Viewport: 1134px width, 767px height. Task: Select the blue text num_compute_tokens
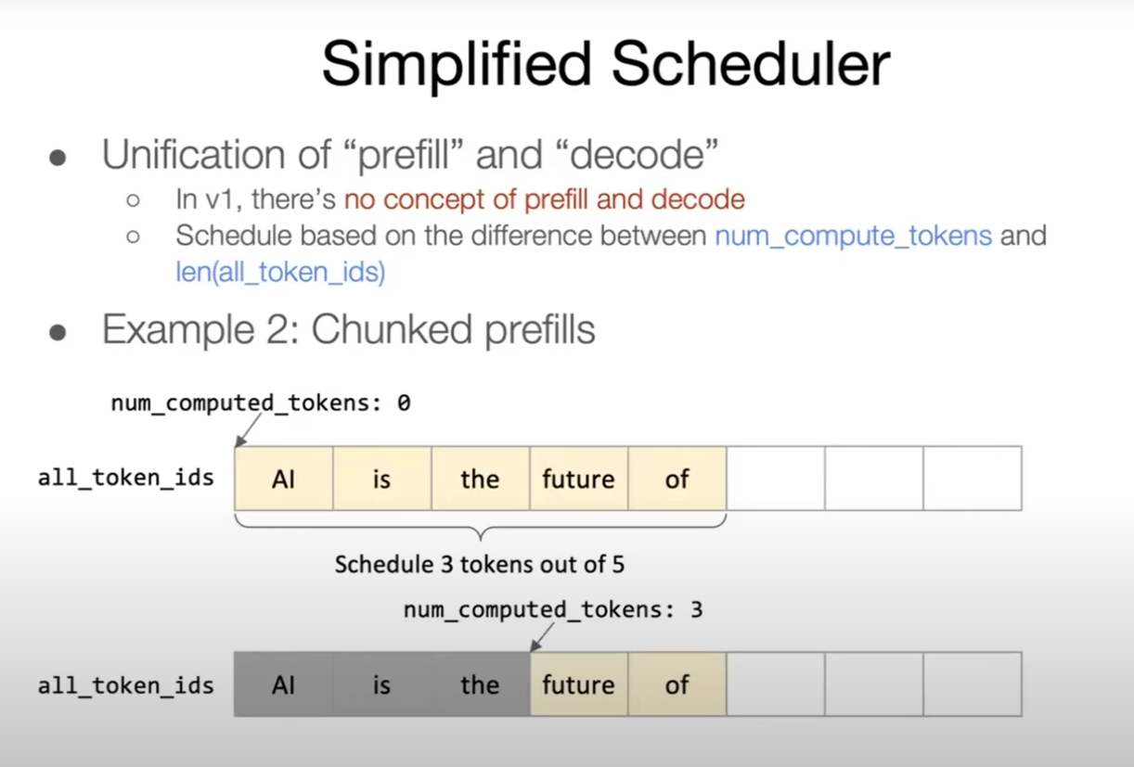(853, 236)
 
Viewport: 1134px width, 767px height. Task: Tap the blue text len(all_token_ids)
(280, 273)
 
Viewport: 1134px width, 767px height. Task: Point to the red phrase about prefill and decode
(545, 198)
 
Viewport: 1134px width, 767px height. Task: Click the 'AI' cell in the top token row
(284, 479)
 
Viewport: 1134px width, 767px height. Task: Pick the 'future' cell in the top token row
(579, 479)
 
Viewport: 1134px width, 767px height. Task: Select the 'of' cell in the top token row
(677, 479)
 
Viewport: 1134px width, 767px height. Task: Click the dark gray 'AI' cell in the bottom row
(284, 684)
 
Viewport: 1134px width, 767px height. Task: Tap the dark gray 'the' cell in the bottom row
(480, 684)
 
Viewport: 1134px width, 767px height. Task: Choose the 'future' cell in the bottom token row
(579, 684)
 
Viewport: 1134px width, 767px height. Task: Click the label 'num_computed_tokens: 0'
(261, 403)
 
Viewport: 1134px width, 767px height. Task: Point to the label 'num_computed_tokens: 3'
(553, 610)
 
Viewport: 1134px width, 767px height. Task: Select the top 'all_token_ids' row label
(126, 479)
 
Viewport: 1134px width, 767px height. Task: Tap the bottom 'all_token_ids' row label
(126, 686)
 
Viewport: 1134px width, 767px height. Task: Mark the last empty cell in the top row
(973, 479)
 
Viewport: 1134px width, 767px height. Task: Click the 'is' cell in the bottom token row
(381, 684)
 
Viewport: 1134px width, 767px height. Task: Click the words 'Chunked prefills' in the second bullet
(453, 330)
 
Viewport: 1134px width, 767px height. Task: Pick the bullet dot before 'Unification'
(58, 158)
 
